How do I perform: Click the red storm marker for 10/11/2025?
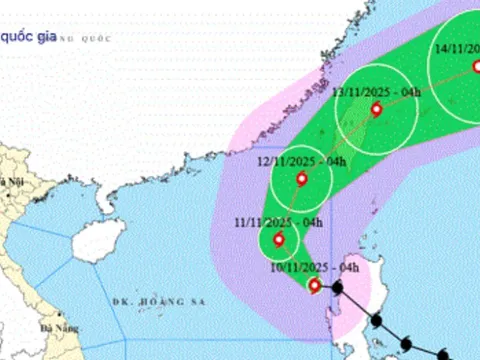point(314,286)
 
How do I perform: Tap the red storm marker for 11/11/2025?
point(278,240)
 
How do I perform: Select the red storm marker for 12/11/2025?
point(302,180)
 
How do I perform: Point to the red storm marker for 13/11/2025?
point(376,110)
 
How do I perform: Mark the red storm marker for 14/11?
point(474,67)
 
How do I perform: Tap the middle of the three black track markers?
point(377,322)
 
